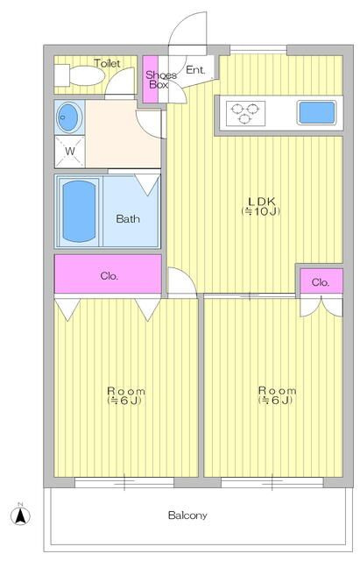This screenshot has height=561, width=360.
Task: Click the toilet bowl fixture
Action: (80, 76)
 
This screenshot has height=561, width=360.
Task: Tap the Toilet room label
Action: (107, 63)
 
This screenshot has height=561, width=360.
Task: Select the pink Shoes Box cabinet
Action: (151, 79)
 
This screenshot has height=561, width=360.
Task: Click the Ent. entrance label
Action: (195, 70)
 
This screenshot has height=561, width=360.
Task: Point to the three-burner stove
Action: (245, 113)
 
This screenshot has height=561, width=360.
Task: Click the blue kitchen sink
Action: (317, 112)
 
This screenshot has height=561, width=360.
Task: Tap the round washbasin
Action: (70, 117)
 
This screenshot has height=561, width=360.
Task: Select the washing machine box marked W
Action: (70, 152)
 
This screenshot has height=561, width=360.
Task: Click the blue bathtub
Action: (79, 211)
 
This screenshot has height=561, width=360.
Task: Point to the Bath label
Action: (128, 218)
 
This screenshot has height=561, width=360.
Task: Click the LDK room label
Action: (261, 206)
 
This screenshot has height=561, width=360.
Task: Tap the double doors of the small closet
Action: (321, 306)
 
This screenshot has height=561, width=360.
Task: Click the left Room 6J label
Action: (126, 395)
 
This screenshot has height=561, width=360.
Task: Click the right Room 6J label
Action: (277, 395)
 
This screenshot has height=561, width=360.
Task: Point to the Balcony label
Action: (187, 515)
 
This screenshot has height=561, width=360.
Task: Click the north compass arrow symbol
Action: (21, 515)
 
